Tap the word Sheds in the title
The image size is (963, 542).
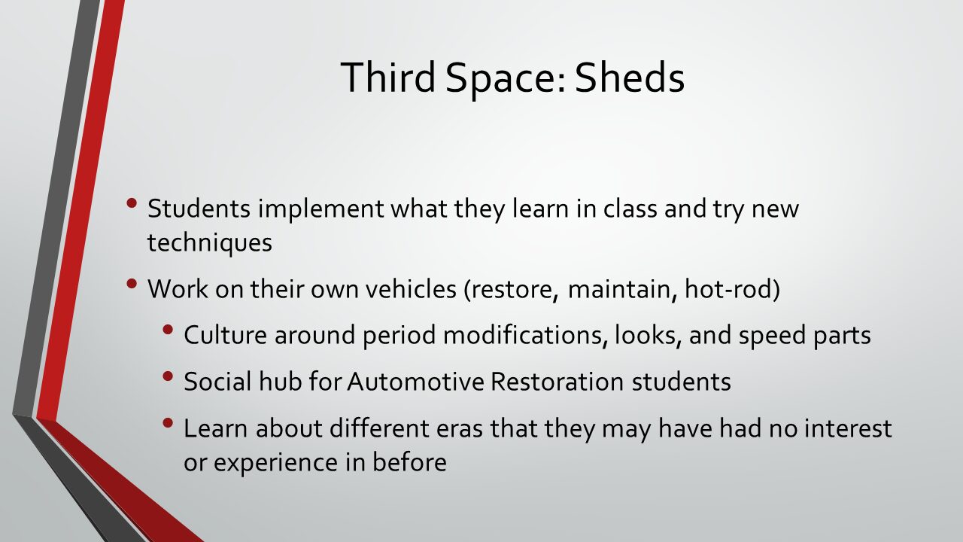pos(630,77)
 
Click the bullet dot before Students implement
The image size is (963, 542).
pos(132,202)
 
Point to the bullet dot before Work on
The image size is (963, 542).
pos(132,284)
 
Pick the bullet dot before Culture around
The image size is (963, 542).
pos(168,330)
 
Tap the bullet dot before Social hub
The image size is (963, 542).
pos(168,376)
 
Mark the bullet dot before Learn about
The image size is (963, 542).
pos(168,423)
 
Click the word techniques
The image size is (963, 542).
pos(210,243)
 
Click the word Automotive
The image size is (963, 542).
pos(416,381)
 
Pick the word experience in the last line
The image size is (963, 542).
pos(275,464)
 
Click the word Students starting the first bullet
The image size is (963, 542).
pos(199,209)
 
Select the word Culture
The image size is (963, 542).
pos(225,335)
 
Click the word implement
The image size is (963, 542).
pos(320,210)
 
